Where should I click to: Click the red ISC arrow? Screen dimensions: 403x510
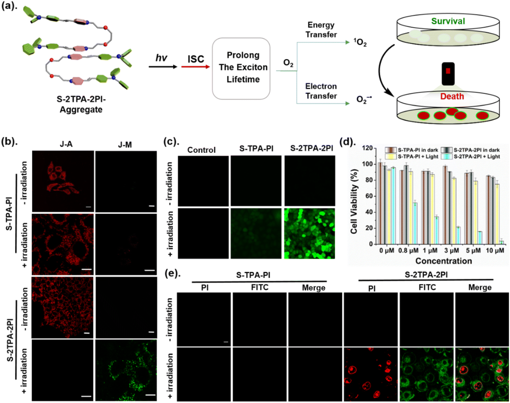click(x=196, y=67)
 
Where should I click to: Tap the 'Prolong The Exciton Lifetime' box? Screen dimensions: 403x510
click(x=241, y=68)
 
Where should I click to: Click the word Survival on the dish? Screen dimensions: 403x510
click(x=448, y=21)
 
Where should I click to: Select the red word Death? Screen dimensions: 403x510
click(x=452, y=96)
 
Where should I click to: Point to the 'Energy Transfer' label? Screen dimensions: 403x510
click(x=321, y=30)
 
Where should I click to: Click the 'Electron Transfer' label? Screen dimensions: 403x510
click(x=321, y=91)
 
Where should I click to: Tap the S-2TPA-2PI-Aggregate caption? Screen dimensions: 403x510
click(x=81, y=104)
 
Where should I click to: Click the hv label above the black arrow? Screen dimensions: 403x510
click(x=161, y=58)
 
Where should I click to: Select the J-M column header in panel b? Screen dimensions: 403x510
click(x=125, y=145)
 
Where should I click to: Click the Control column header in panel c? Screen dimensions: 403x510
click(x=201, y=150)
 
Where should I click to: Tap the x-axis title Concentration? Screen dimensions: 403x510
click(x=444, y=261)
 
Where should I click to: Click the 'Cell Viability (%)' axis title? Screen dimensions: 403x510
click(x=354, y=201)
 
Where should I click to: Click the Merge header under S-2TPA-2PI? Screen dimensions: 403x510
click(x=480, y=288)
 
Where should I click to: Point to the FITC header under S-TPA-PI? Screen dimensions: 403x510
click(x=260, y=287)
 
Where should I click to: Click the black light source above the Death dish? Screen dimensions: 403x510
click(x=448, y=74)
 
